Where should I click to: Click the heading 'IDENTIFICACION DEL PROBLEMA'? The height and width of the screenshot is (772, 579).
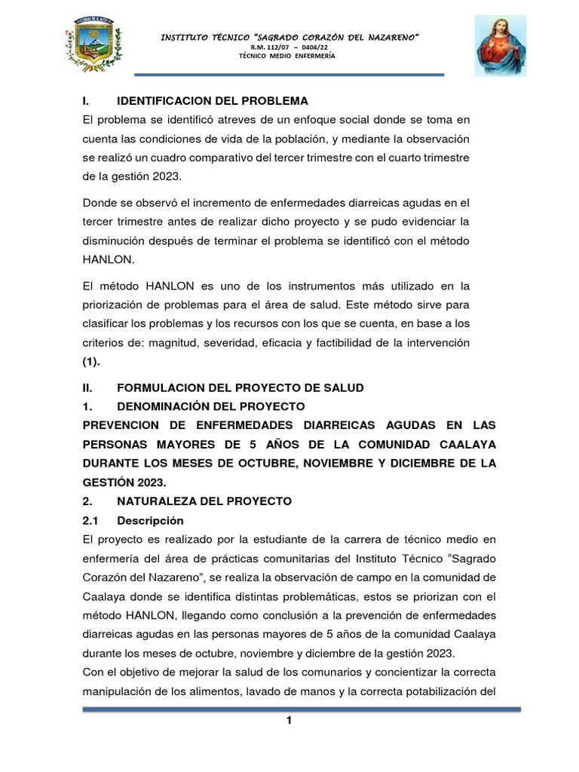213,101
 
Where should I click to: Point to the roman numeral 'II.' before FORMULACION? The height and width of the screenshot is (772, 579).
87,388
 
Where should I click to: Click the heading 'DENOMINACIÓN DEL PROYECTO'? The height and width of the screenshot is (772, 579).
211,406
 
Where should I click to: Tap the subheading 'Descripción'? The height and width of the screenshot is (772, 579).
151,520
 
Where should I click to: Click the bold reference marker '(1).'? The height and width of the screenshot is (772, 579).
90,362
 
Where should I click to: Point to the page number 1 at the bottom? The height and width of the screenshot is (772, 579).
289,721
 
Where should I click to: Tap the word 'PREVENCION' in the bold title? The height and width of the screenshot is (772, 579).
124,425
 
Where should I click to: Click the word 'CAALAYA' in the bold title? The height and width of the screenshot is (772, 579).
464,444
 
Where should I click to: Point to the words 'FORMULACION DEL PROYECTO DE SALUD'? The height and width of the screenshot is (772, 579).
240,388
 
